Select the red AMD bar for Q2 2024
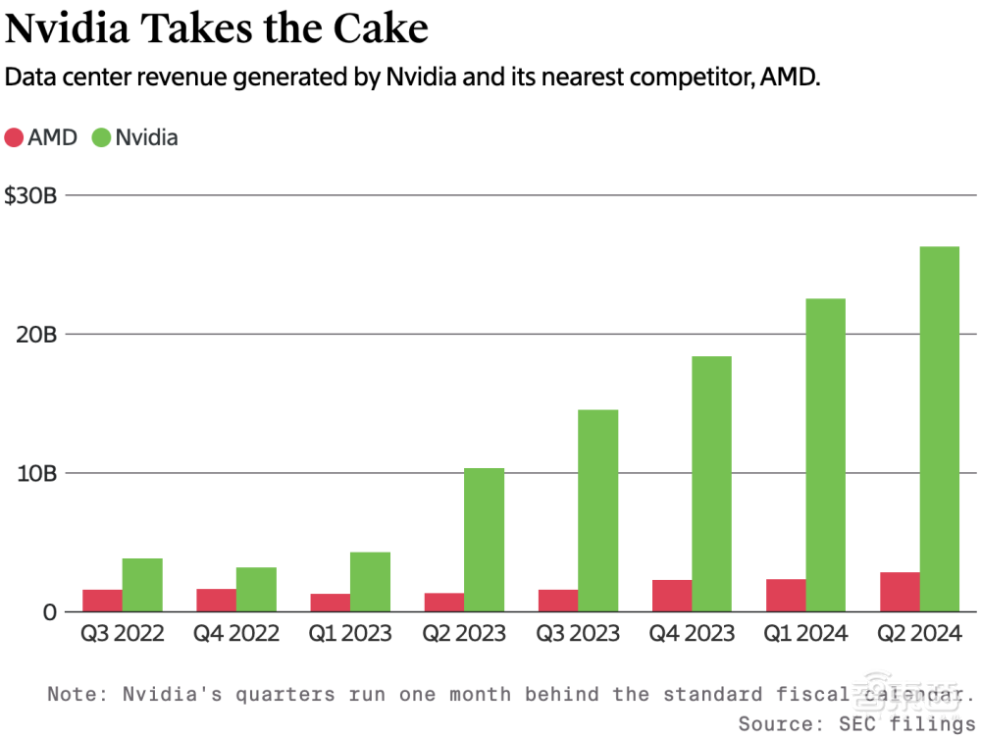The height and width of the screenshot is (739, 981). pos(900,592)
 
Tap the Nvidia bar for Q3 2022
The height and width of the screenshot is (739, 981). pos(142,585)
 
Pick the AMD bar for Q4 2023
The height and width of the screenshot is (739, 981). pos(672,596)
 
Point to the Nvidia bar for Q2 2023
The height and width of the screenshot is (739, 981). pos(484,540)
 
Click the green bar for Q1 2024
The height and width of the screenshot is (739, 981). pos(825,455)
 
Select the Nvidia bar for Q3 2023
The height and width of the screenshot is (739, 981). pos(597,510)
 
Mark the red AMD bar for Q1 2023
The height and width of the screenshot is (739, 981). pos(331,603)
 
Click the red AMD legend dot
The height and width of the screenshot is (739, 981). pos(14,137)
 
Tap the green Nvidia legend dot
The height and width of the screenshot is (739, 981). pos(101,137)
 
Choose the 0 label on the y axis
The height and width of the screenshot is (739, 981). pos(49,612)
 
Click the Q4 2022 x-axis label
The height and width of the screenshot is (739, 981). pos(235,634)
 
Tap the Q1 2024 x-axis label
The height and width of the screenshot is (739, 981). pos(805,634)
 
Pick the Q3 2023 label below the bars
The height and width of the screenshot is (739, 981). pos(578,634)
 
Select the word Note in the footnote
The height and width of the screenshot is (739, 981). pos(73,695)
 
